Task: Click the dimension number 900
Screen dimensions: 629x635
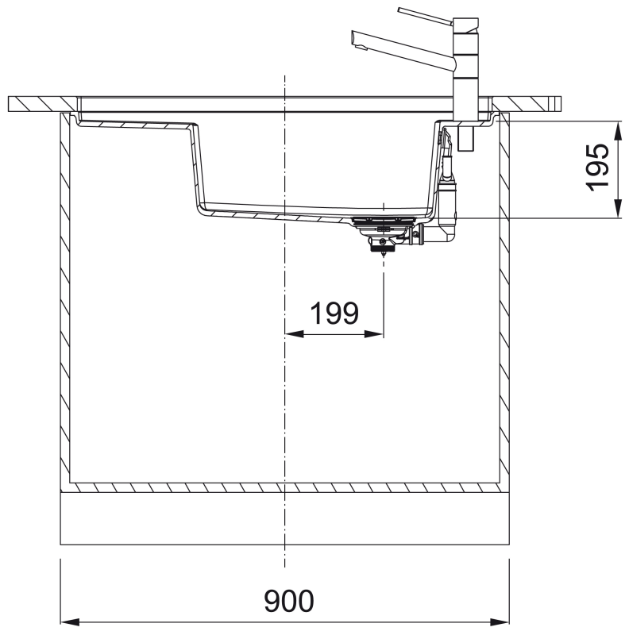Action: pos(288,601)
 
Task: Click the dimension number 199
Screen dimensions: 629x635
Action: pos(334,313)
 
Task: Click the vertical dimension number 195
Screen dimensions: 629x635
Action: pos(598,167)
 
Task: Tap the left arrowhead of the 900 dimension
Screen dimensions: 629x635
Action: pos(70,622)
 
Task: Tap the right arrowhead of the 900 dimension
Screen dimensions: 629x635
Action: pos(500,622)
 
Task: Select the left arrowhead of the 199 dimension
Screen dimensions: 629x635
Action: pos(294,334)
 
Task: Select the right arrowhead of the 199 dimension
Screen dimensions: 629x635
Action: pos(374,334)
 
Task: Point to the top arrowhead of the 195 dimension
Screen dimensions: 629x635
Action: pos(618,130)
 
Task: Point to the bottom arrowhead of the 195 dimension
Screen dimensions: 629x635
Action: pos(618,208)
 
